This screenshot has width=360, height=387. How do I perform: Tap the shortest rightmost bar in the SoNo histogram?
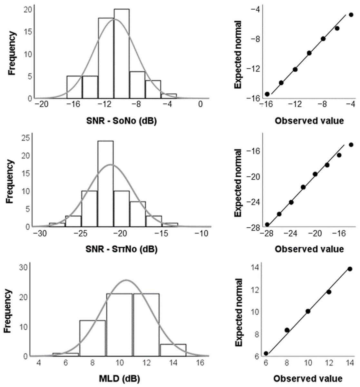pyautogui.click(x=169, y=96)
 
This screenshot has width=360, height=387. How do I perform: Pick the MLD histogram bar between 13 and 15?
pyautogui.click(x=173, y=350)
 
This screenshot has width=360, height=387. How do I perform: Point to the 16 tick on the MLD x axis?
pyautogui.click(x=200, y=362)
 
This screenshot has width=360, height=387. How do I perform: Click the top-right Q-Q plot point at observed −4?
pyautogui.click(x=351, y=15)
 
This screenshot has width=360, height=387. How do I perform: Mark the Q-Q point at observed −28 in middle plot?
pyautogui.click(x=267, y=224)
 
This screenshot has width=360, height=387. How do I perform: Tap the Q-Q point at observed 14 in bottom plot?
pyautogui.click(x=350, y=269)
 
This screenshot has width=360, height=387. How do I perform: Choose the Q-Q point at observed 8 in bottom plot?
pyautogui.click(x=287, y=330)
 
